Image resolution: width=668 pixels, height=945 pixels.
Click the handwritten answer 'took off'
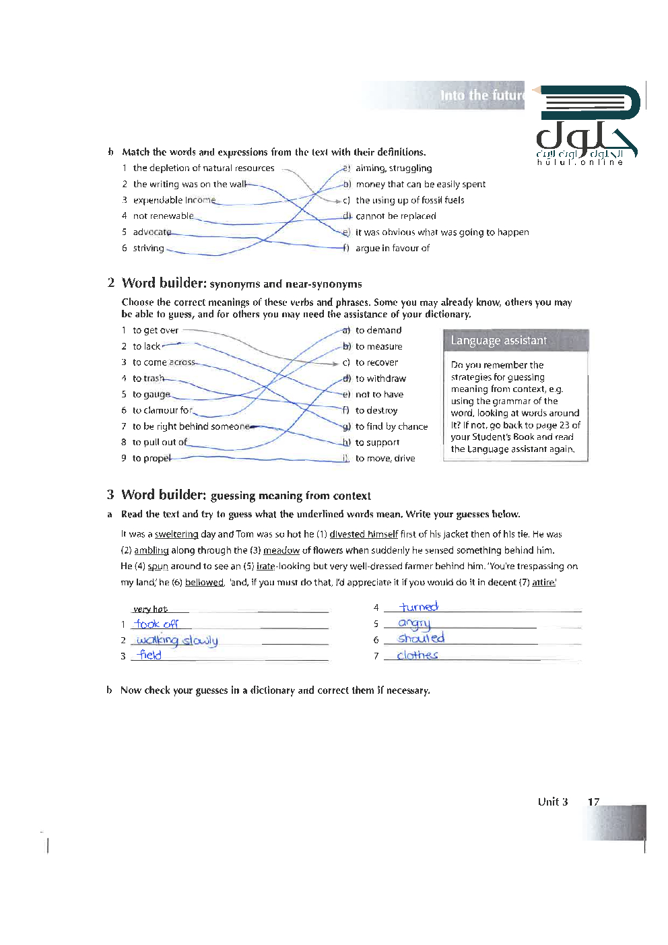[156, 624]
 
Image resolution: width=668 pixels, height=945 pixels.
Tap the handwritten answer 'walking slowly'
[176, 641]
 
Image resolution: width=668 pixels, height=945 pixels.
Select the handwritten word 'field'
[149, 655]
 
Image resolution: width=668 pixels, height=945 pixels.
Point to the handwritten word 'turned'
[419, 607]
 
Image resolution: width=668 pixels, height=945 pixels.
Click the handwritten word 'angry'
[414, 624]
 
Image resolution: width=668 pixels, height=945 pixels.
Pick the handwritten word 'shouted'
[421, 638]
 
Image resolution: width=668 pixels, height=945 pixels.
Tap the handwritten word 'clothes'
[417, 655]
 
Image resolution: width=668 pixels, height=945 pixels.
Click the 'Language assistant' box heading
[498, 341]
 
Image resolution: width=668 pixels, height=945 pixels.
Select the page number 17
[593, 802]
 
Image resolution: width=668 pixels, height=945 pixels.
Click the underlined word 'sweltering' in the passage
[176, 534]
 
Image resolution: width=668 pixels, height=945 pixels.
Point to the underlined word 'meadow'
[281, 550]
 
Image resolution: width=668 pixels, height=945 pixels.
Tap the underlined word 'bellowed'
[204, 583]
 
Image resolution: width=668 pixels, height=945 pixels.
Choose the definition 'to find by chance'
[391, 426]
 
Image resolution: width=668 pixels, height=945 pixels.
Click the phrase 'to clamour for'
[162, 410]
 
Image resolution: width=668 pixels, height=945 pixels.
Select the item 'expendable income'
[174, 200]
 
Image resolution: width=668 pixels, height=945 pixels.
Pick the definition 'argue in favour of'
[393, 248]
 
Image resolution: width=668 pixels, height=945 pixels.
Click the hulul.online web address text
[580, 162]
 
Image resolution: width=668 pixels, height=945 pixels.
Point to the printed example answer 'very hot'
[150, 609]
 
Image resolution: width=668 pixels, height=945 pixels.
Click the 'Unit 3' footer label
[552, 802]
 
